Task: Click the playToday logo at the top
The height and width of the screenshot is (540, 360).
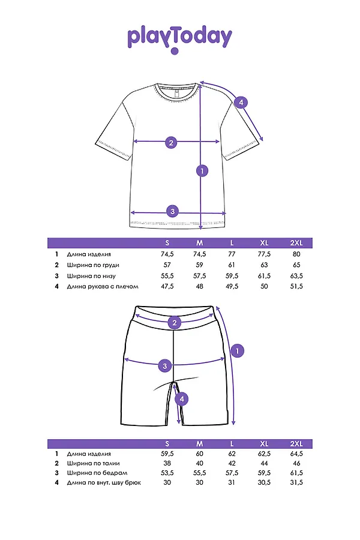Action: [x=179, y=38]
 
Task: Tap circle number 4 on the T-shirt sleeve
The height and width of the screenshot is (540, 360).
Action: [x=241, y=103]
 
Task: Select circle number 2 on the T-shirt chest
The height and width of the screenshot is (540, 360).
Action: [x=171, y=142]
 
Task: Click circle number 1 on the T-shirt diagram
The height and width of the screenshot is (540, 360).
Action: [x=202, y=171]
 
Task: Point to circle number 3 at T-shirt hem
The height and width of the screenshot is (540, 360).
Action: [x=172, y=211]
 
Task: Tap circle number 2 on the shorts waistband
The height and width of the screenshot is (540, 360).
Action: [x=175, y=323]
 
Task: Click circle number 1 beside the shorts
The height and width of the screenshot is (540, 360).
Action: [x=238, y=350]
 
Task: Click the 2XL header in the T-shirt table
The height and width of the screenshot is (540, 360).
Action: [x=296, y=242]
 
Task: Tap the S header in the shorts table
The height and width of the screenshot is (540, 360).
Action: [x=167, y=443]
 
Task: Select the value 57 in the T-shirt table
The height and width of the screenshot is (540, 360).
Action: [x=167, y=265]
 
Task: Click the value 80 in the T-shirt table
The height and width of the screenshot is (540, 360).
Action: [x=296, y=254]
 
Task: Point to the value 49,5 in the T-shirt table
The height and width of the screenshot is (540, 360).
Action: [x=232, y=287]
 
